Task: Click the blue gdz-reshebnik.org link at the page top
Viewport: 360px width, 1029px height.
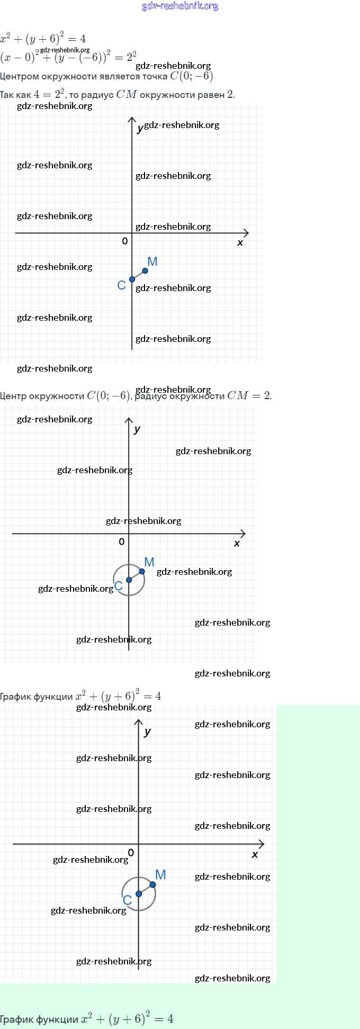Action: tap(180, 6)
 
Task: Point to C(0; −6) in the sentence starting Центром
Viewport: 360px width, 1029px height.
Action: tap(191, 76)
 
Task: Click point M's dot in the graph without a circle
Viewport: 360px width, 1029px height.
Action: tap(145, 271)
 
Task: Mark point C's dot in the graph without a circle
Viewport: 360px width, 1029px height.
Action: tap(132, 279)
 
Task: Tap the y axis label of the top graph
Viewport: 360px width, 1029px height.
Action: tap(139, 129)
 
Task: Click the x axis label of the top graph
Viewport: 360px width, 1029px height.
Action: tap(240, 243)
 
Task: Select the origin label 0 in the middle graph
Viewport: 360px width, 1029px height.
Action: tap(122, 541)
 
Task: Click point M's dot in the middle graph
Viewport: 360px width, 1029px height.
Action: tap(142, 571)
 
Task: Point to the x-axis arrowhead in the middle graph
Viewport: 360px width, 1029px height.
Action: tap(243, 534)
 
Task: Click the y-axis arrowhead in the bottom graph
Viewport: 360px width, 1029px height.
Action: tap(139, 723)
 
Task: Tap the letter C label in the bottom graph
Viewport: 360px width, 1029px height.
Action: tap(127, 900)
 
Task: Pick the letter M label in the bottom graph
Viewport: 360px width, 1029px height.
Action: tap(161, 875)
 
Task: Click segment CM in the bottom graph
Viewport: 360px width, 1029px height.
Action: tap(146, 889)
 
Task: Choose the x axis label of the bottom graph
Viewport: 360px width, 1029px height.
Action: tap(255, 855)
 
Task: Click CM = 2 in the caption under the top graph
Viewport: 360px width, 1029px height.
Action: tap(249, 396)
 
